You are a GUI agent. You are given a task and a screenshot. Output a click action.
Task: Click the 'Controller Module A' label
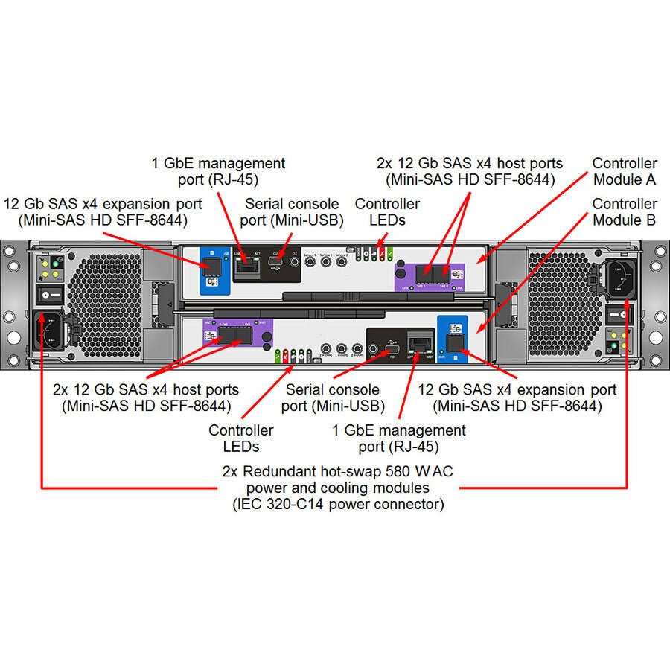coord(625,171)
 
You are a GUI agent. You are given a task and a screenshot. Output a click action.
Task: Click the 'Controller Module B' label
coord(625,212)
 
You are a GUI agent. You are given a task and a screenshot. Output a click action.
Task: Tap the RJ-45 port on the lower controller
coord(421,344)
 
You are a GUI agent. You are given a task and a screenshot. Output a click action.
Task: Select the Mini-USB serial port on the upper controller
coord(275,266)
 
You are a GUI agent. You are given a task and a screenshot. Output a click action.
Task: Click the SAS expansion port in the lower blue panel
coord(453,342)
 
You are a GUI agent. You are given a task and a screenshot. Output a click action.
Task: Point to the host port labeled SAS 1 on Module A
coord(421,272)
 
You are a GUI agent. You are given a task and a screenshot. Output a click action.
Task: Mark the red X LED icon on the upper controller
coord(382,253)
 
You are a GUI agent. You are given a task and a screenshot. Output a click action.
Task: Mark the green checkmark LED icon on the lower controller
coord(278,355)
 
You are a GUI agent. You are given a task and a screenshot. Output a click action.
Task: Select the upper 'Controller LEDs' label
coord(387,212)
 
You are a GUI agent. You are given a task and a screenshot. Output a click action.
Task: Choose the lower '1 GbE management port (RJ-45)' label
coord(399,438)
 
